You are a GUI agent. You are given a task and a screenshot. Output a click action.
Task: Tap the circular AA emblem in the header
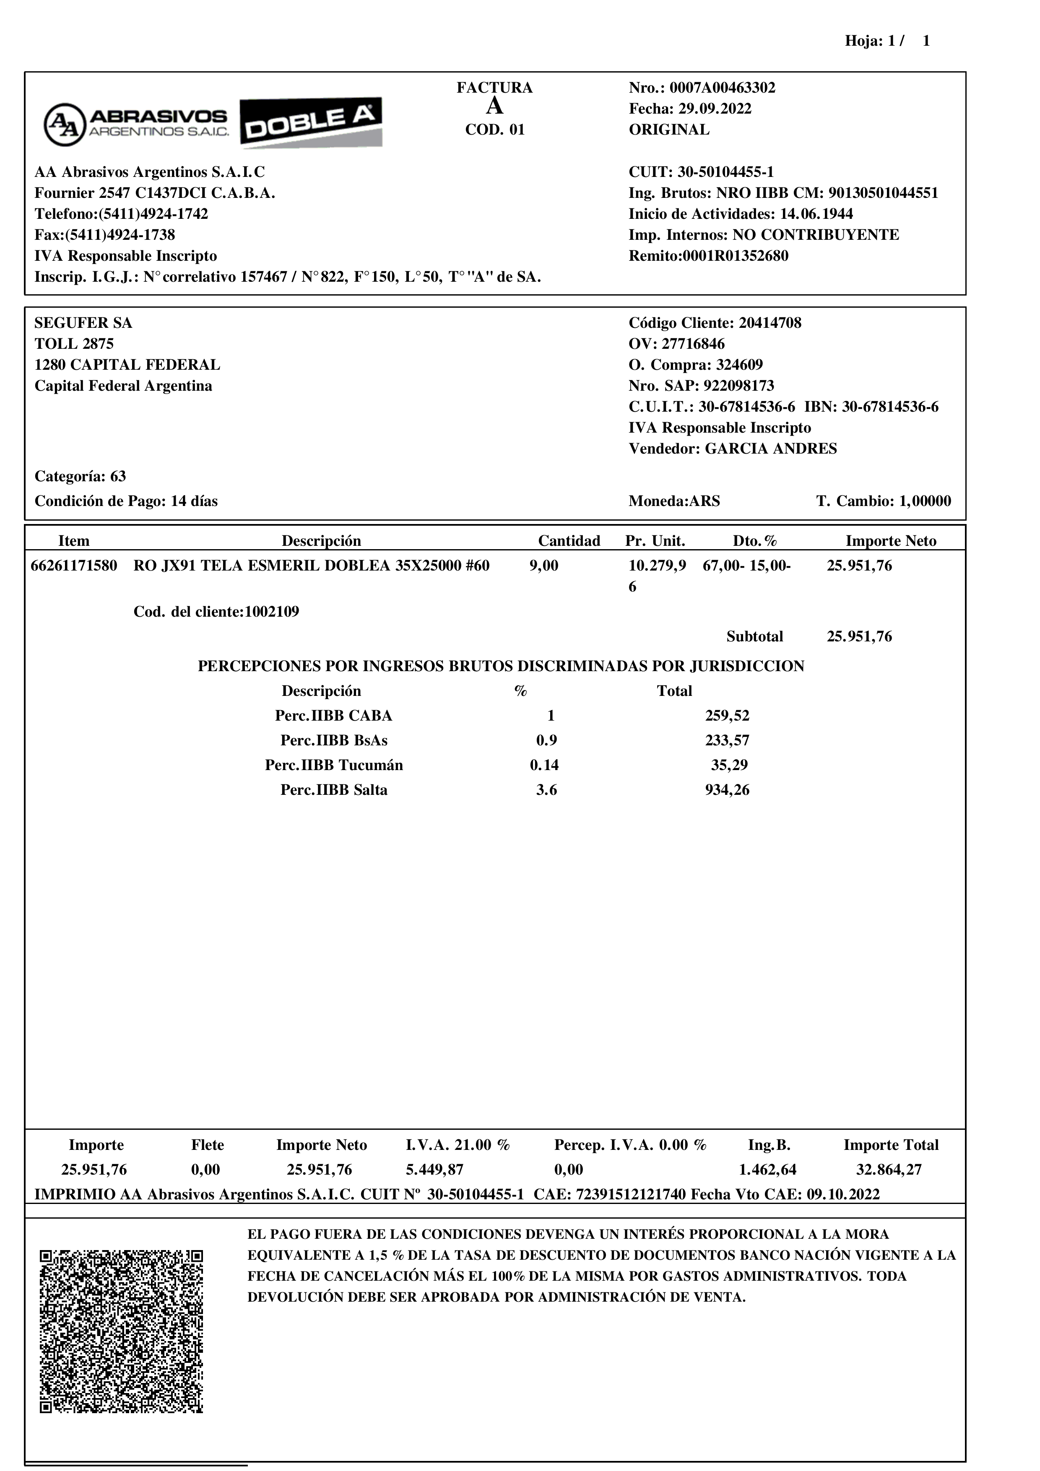tap(64, 124)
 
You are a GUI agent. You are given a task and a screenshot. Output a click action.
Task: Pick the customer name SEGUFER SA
tap(83, 323)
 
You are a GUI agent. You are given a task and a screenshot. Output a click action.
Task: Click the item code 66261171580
tap(74, 566)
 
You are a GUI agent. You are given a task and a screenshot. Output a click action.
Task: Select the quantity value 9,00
tap(543, 566)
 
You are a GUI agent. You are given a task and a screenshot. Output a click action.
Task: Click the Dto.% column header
tap(755, 541)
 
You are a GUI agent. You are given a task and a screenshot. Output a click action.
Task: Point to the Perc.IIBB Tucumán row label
tap(334, 765)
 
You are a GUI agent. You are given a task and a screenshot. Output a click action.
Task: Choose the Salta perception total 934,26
tap(727, 790)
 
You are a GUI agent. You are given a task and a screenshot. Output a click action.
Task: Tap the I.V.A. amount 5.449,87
tap(434, 1170)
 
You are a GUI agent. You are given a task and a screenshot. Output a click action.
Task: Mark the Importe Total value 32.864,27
tap(889, 1170)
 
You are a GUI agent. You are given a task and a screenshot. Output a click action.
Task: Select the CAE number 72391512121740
tap(631, 1195)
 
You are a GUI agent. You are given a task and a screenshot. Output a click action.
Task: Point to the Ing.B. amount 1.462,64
tap(767, 1170)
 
